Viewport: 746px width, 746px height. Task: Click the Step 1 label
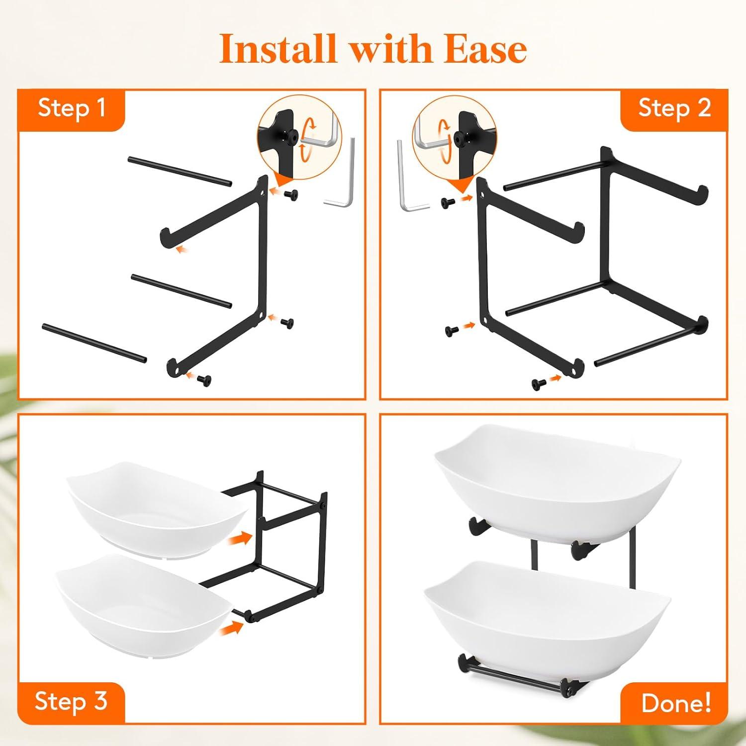(x=72, y=108)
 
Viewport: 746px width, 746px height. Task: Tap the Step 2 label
(x=674, y=108)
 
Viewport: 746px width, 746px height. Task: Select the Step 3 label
(x=71, y=702)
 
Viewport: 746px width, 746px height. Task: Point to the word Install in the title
(x=278, y=49)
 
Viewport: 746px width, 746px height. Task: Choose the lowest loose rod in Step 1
(x=94, y=343)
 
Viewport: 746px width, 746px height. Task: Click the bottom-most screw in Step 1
(x=203, y=380)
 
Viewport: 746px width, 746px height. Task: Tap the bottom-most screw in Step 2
(x=538, y=383)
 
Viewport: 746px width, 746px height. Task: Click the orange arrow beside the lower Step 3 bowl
(x=231, y=628)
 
